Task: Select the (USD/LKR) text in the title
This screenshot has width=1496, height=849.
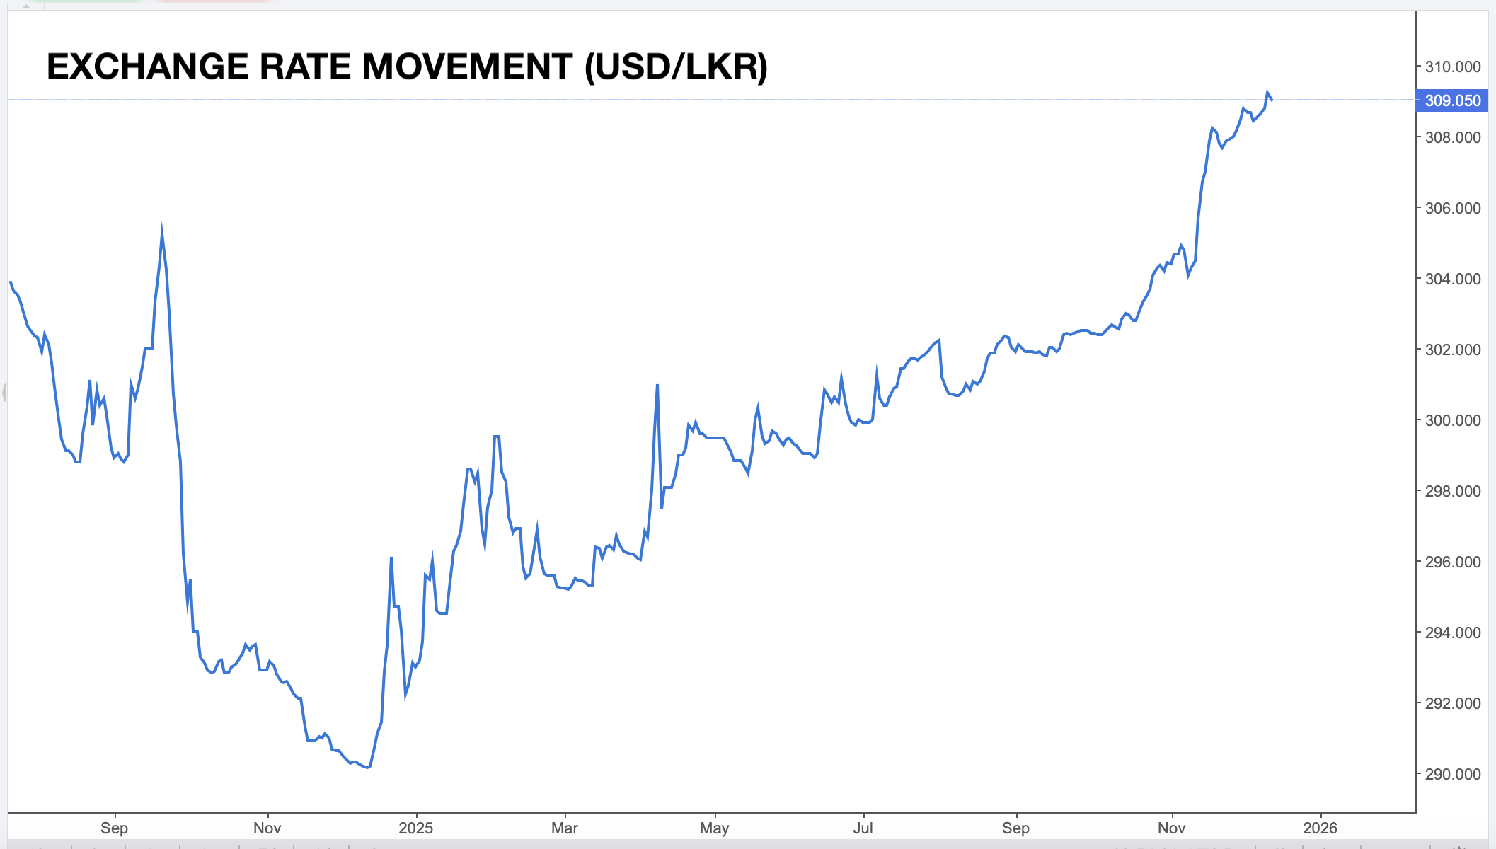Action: point(676,67)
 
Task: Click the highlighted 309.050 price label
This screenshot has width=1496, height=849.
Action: point(1452,100)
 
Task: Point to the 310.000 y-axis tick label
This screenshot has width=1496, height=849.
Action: point(1452,67)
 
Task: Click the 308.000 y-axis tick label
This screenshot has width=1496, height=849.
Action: point(1452,137)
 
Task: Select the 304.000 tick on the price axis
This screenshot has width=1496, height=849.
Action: point(1452,279)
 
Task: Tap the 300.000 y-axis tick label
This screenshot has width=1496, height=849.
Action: point(1452,420)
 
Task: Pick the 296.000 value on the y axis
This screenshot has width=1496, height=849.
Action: point(1452,562)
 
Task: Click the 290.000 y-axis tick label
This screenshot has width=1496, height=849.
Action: point(1452,774)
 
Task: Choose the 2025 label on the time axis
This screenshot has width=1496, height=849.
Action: point(415,828)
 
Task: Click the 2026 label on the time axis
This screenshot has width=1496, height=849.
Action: point(1320,828)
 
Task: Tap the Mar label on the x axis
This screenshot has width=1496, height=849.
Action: point(565,828)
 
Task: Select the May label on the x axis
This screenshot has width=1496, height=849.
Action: point(714,828)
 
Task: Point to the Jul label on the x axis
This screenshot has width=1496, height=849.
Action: point(863,828)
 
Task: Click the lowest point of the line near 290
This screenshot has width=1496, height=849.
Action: point(369,768)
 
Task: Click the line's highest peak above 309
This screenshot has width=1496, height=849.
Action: point(1267,91)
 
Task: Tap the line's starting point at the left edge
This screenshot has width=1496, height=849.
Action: point(10,282)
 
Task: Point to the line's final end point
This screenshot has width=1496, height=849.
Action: point(1272,100)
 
